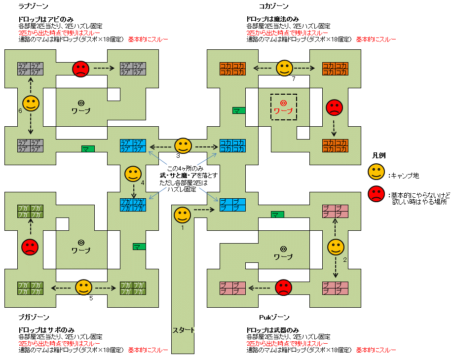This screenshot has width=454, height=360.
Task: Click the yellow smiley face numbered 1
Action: pyautogui.click(x=182, y=215)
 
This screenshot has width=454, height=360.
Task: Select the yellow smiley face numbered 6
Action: pyautogui.click(x=31, y=103)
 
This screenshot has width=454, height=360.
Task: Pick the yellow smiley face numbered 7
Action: pyautogui.click(x=284, y=68)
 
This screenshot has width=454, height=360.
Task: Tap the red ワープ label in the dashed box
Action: pyautogui.click(x=283, y=111)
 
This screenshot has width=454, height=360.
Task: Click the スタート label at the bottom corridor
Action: pyautogui.click(x=184, y=330)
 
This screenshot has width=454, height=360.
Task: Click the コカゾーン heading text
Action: pyautogui.click(x=273, y=6)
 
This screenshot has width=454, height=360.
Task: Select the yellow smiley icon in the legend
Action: pyautogui.click(x=376, y=172)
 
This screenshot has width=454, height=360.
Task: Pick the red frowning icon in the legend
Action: pyautogui.click(x=376, y=195)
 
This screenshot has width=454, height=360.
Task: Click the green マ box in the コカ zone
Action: pyautogui.click(x=239, y=110)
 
